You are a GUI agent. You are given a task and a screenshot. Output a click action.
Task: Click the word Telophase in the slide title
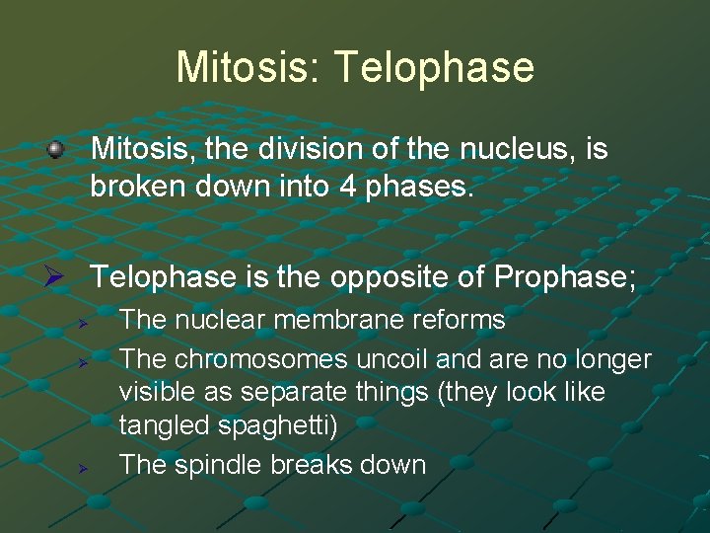tap(435, 67)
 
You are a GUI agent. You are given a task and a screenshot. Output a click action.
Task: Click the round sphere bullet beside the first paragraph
tap(56, 150)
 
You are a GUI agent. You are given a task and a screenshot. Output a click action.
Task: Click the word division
tap(300, 150)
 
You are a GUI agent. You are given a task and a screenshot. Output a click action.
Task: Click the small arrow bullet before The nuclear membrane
tap(85, 322)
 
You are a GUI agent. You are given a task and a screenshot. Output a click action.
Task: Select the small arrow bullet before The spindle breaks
tap(85, 465)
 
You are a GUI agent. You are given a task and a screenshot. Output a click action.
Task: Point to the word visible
tap(152, 392)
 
